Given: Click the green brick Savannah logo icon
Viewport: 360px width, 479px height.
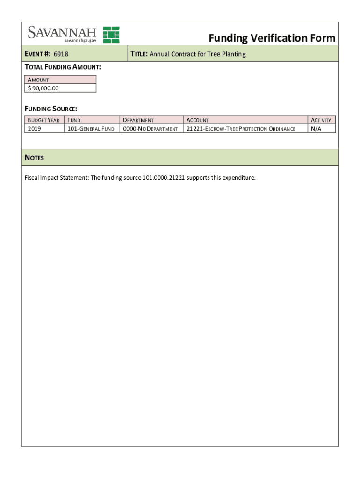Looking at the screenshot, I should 111,35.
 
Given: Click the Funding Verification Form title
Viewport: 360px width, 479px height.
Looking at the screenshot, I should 272,38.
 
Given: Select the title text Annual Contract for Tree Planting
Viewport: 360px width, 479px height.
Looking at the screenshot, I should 197,54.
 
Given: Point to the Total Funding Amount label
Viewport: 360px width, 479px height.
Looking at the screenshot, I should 63,67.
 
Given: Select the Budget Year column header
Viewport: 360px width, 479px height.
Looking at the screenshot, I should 43,120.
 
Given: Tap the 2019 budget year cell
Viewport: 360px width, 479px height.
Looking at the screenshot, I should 35,129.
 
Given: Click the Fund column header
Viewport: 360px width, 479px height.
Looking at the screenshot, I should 74,120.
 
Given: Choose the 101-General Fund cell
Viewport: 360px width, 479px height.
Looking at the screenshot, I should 91,129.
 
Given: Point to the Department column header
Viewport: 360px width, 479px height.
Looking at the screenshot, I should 138,120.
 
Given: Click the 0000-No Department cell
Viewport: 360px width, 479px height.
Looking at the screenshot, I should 150,129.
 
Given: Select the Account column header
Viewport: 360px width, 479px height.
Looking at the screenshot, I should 198,120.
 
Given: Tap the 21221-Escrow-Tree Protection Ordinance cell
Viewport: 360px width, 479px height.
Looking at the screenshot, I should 241,129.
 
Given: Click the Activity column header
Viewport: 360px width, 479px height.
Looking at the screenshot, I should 321,120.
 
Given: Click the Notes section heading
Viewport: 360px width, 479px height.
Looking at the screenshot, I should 34,158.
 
